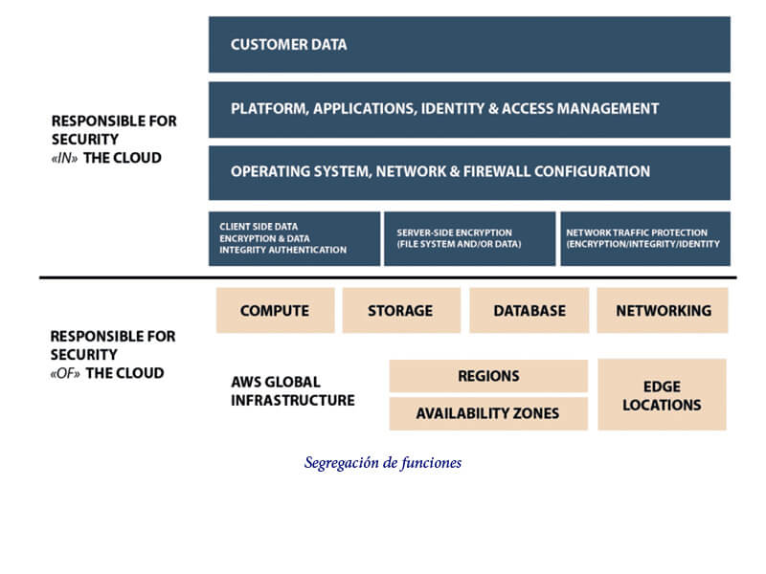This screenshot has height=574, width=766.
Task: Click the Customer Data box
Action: [469, 44]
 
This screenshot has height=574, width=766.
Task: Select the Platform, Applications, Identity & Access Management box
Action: [469, 109]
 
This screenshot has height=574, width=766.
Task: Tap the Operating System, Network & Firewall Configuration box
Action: [469, 173]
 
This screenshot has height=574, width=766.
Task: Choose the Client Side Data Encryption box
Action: [294, 238]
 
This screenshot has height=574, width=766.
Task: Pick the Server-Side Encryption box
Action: [469, 238]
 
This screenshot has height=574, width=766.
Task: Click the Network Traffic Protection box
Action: [645, 238]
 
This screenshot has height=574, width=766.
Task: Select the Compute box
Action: [276, 310]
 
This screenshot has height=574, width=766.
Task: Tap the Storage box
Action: [401, 310]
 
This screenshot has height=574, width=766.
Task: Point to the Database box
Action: [529, 310]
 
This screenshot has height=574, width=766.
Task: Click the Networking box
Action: [663, 310]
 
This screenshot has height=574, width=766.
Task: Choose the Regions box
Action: [488, 376]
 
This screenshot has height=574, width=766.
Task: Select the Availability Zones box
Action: [488, 413]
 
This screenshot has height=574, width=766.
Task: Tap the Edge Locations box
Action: [662, 394]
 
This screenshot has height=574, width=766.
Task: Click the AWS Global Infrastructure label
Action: [293, 391]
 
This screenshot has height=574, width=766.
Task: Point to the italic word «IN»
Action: [64, 158]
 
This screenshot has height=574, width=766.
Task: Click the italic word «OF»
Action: [65, 373]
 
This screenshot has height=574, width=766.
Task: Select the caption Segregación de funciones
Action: [382, 462]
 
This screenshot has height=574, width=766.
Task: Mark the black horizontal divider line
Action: [388, 277]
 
